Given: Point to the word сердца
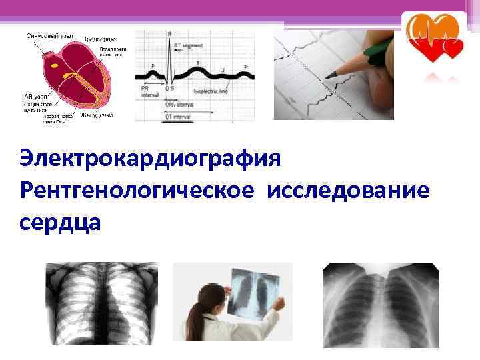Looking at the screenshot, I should click(61, 221).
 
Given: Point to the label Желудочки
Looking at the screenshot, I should click(97, 115).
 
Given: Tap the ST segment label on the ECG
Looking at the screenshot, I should click(187, 45).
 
